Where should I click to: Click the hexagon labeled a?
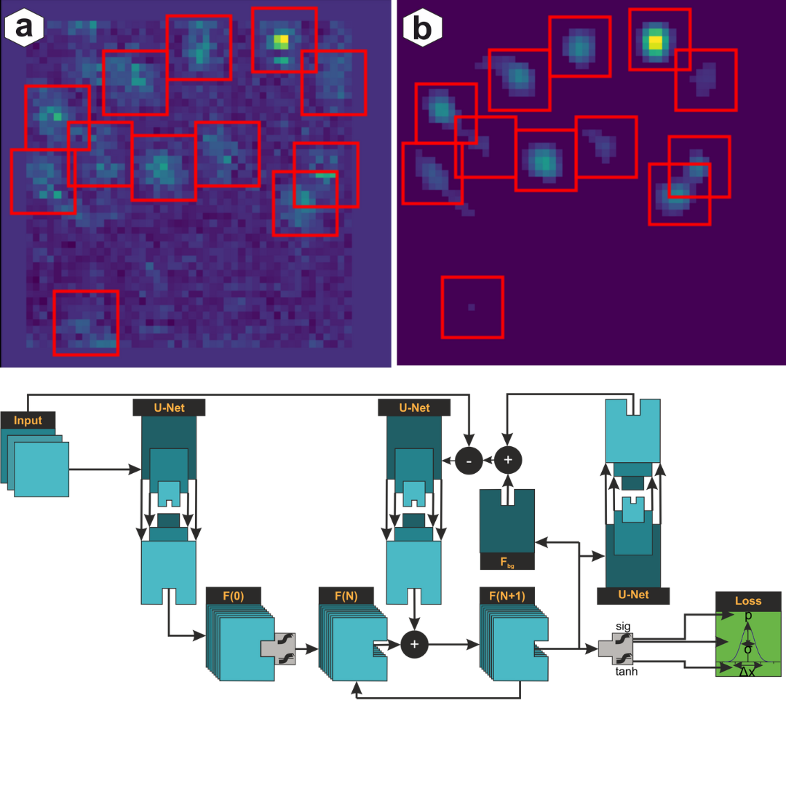pyautogui.click(x=24, y=27)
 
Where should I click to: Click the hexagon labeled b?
pyautogui.click(x=423, y=28)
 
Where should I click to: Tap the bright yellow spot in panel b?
pyautogui.click(x=656, y=41)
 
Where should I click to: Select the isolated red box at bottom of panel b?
pyautogui.click(x=472, y=307)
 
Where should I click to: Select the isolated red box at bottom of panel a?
pyautogui.click(x=86, y=322)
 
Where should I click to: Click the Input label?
pyautogui.click(x=28, y=421)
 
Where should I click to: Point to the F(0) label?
pyautogui.click(x=234, y=596)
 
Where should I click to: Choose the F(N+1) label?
pyautogui.click(x=507, y=596)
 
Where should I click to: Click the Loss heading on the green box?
pyautogui.click(x=748, y=600)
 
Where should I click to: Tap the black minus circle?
pyautogui.click(x=469, y=460)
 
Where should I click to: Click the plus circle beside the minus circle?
pyautogui.click(x=508, y=460)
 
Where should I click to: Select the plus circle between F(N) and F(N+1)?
pyautogui.click(x=415, y=643)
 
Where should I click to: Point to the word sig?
pyautogui.click(x=623, y=625)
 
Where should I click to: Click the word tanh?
pyautogui.click(x=627, y=672)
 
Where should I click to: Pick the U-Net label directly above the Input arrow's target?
pyautogui.click(x=169, y=408)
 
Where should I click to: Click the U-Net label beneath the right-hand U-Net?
pyautogui.click(x=633, y=595)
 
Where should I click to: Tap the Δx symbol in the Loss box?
pyautogui.click(x=747, y=672)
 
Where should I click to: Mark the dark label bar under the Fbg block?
pyautogui.click(x=507, y=561)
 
